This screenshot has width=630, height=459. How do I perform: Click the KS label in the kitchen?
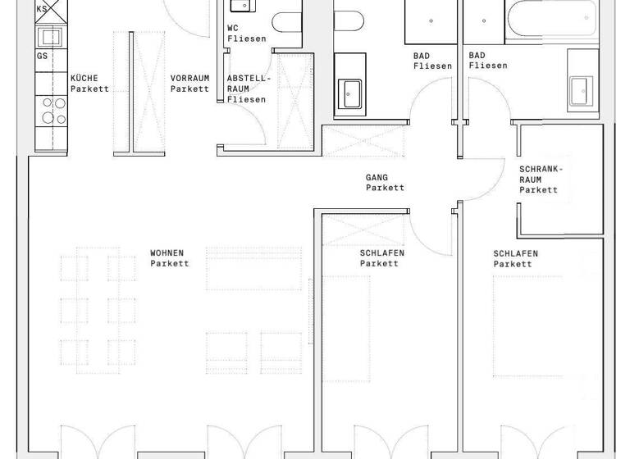(x=42, y=8)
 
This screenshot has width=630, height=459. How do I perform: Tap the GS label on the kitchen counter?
(x=42, y=56)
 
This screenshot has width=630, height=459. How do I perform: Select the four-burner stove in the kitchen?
(x=52, y=109)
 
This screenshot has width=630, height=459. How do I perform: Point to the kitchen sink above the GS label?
(x=51, y=36)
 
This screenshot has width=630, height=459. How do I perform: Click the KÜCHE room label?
(x=84, y=79)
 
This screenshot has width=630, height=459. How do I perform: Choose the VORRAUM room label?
(x=189, y=79)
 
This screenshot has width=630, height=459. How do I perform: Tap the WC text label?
(x=233, y=29)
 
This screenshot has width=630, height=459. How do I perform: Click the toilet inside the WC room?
(x=286, y=20)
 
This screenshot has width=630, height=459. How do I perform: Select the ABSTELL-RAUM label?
(x=246, y=89)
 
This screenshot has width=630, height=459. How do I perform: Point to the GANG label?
(x=377, y=177)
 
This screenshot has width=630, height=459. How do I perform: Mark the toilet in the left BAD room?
(x=348, y=20)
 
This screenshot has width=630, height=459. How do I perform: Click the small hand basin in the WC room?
(x=241, y=7)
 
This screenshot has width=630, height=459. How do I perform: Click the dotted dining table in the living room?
(x=98, y=311)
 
